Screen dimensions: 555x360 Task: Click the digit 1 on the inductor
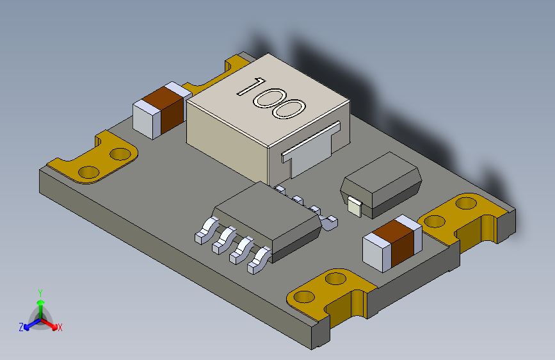(x=251, y=87)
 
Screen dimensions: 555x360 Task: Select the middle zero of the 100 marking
(x=269, y=97)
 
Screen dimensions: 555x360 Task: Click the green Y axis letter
(x=40, y=293)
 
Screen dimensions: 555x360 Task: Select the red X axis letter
(x=60, y=328)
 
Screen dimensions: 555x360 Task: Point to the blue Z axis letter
(x=21, y=327)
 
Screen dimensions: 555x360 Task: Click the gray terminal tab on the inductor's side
(x=310, y=149)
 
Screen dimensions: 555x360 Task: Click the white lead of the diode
(x=355, y=206)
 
